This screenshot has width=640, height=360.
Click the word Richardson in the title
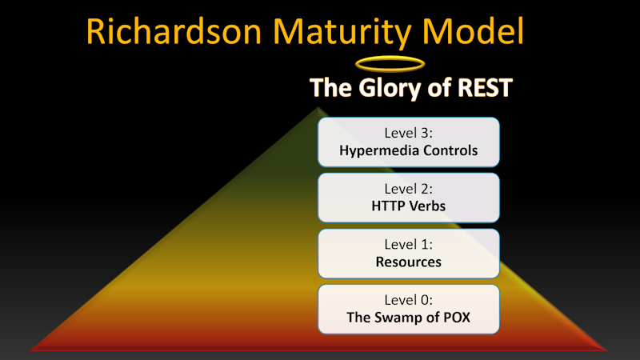click(174, 31)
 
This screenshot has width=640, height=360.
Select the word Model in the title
click(473, 31)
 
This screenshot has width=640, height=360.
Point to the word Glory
click(390, 89)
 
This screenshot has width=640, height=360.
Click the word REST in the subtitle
click(485, 87)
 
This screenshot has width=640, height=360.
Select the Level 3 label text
click(408, 133)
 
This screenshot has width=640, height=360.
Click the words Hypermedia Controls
click(408, 150)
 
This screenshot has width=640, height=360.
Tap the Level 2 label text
click(408, 189)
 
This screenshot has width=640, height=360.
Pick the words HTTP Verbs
click(408, 206)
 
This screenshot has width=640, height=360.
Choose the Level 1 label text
click(408, 244)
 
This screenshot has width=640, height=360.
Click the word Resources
click(408, 262)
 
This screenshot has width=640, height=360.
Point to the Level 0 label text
click(408, 300)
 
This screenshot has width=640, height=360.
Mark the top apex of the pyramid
click(318, 107)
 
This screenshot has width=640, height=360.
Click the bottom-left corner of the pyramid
click(30, 350)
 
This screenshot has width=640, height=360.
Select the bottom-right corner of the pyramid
click(607, 350)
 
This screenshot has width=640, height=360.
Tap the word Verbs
click(428, 206)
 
